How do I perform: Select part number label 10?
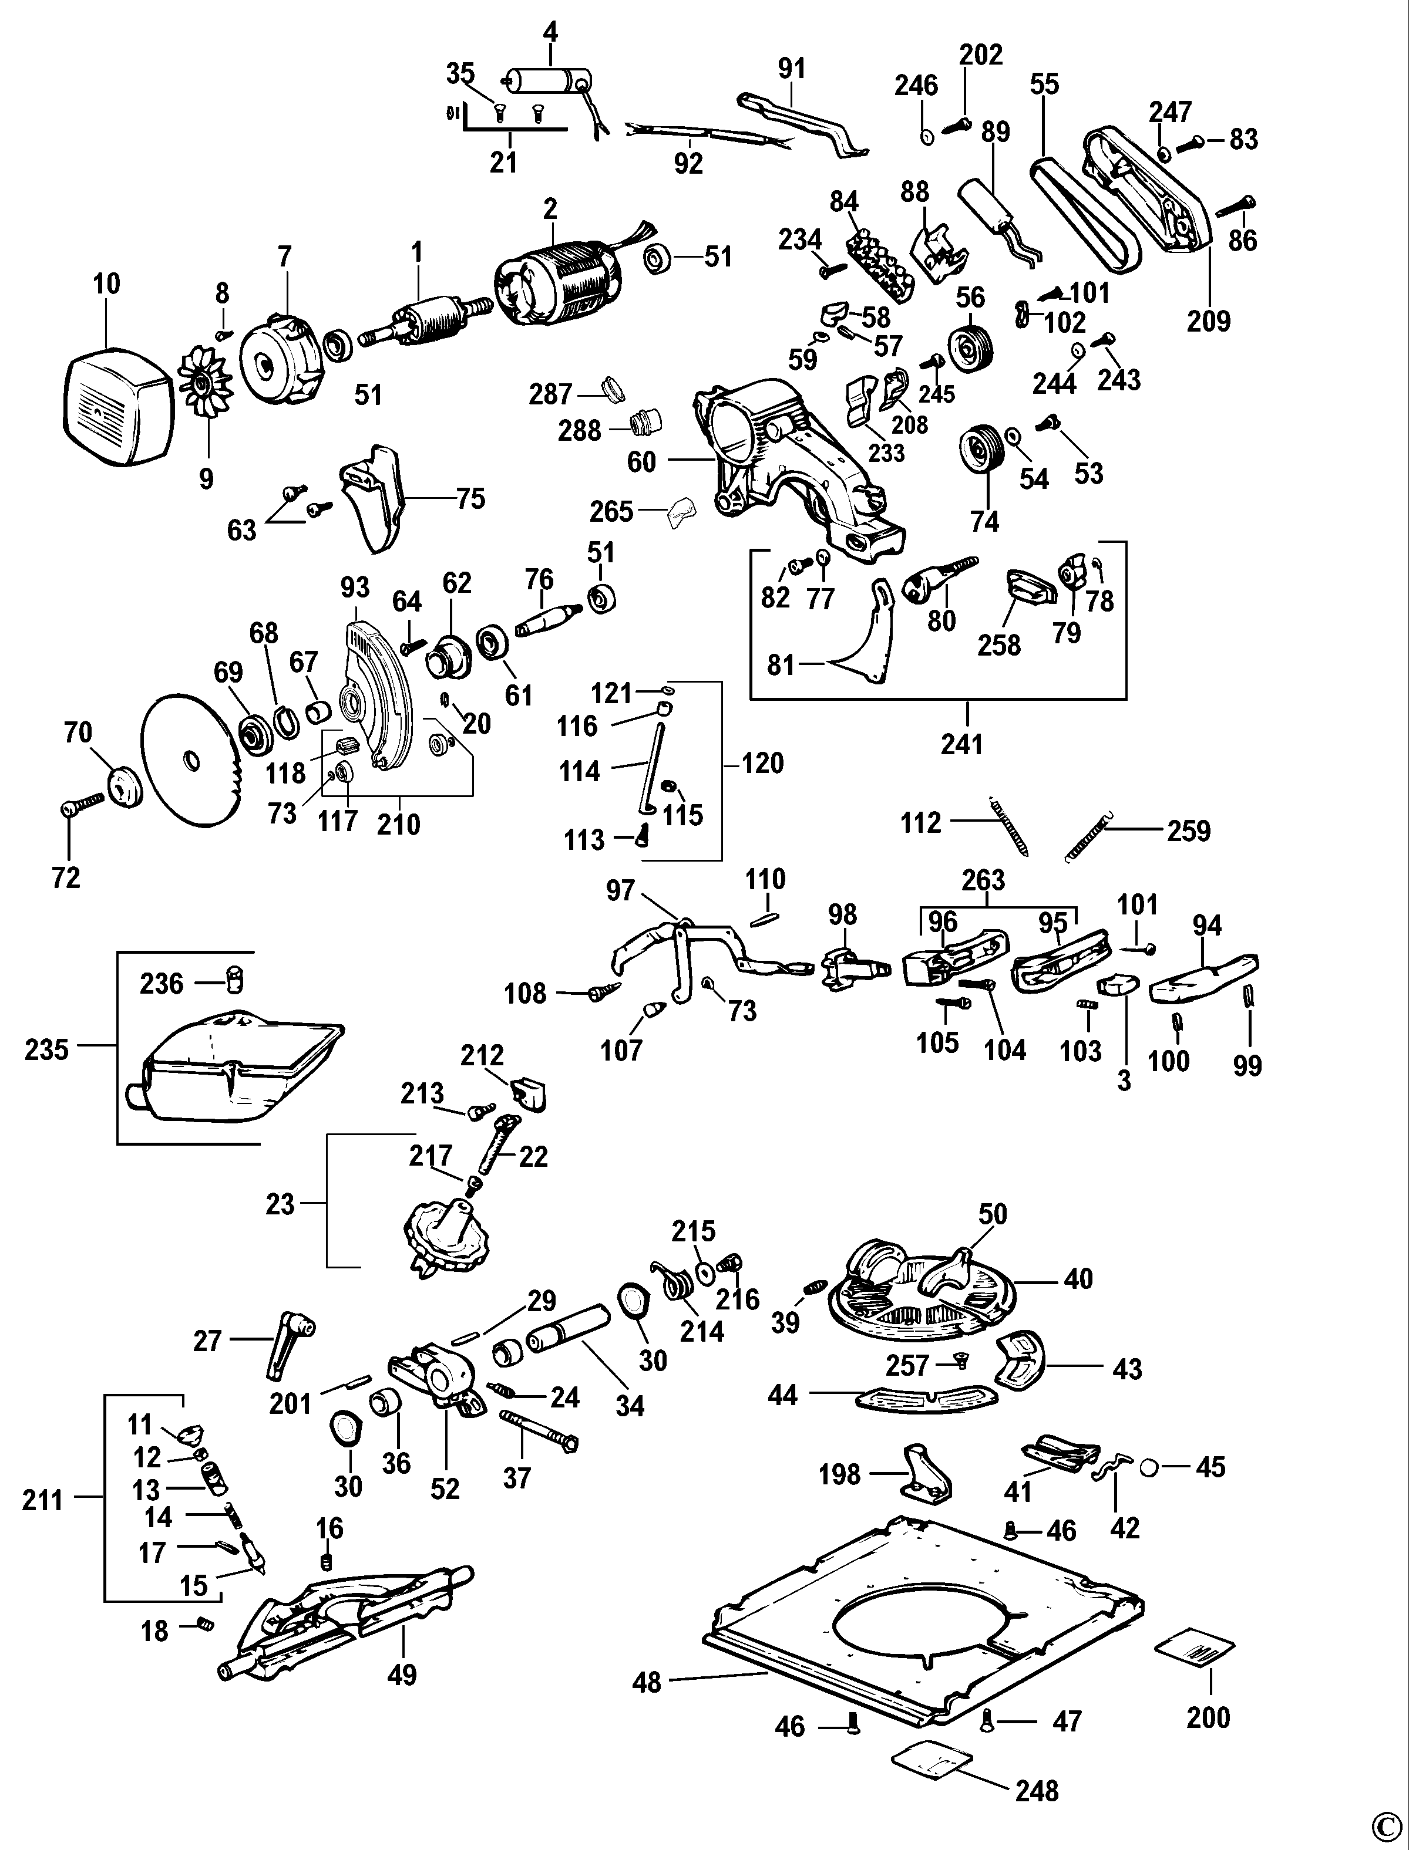[106, 284]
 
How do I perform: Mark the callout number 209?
[1209, 320]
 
